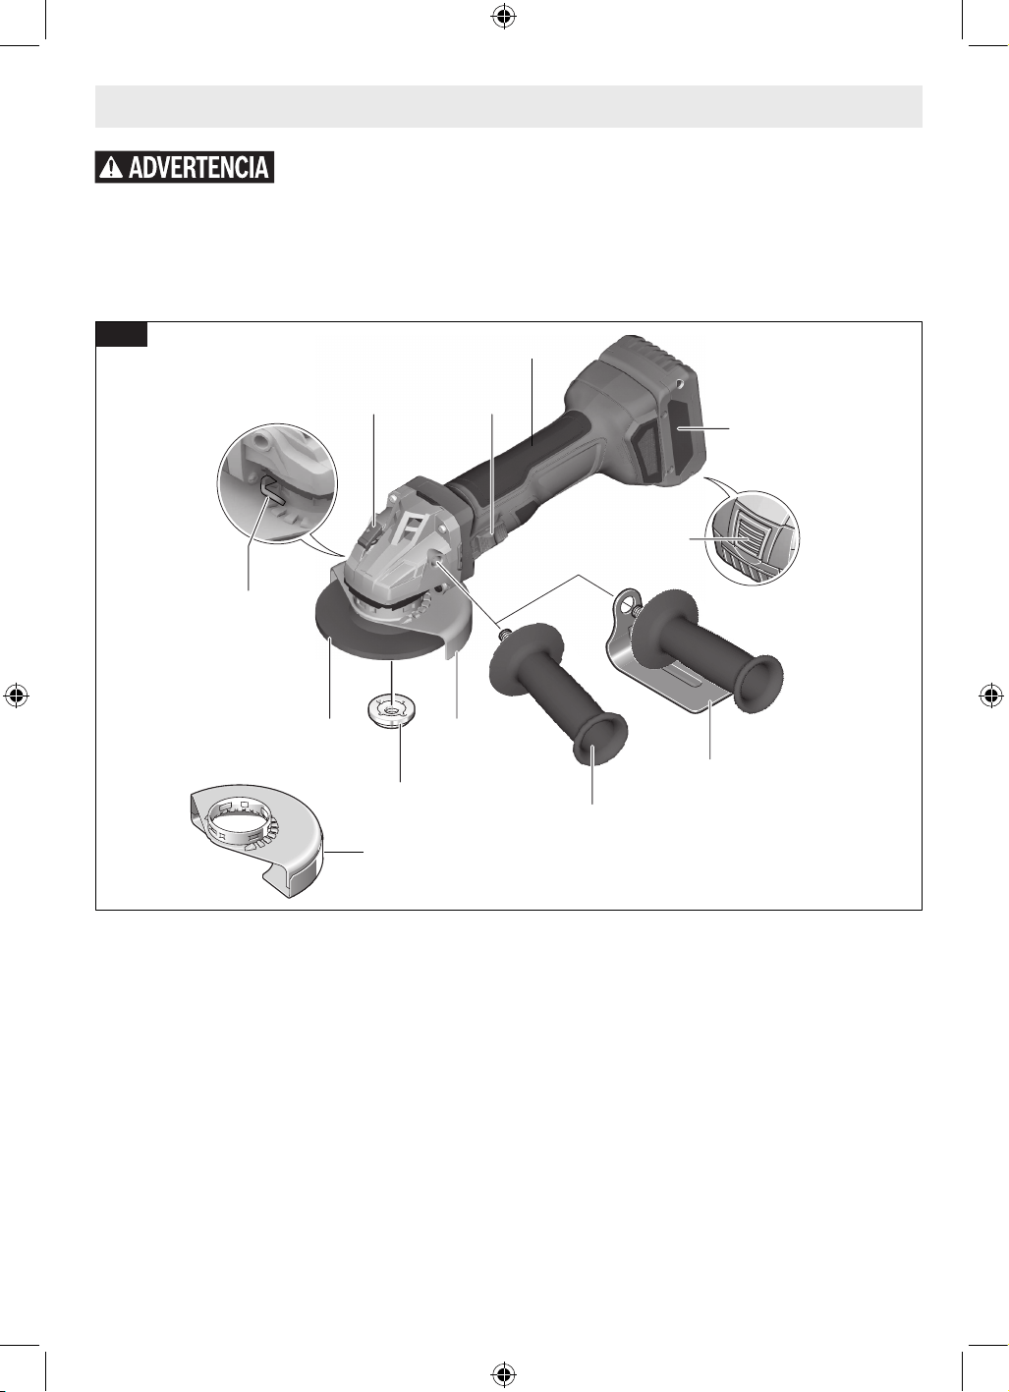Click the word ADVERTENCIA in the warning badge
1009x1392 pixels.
coord(198,167)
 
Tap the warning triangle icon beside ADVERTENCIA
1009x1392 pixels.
coord(113,167)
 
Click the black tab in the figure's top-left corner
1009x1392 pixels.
coord(121,334)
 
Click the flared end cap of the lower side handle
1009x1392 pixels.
coord(601,742)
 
